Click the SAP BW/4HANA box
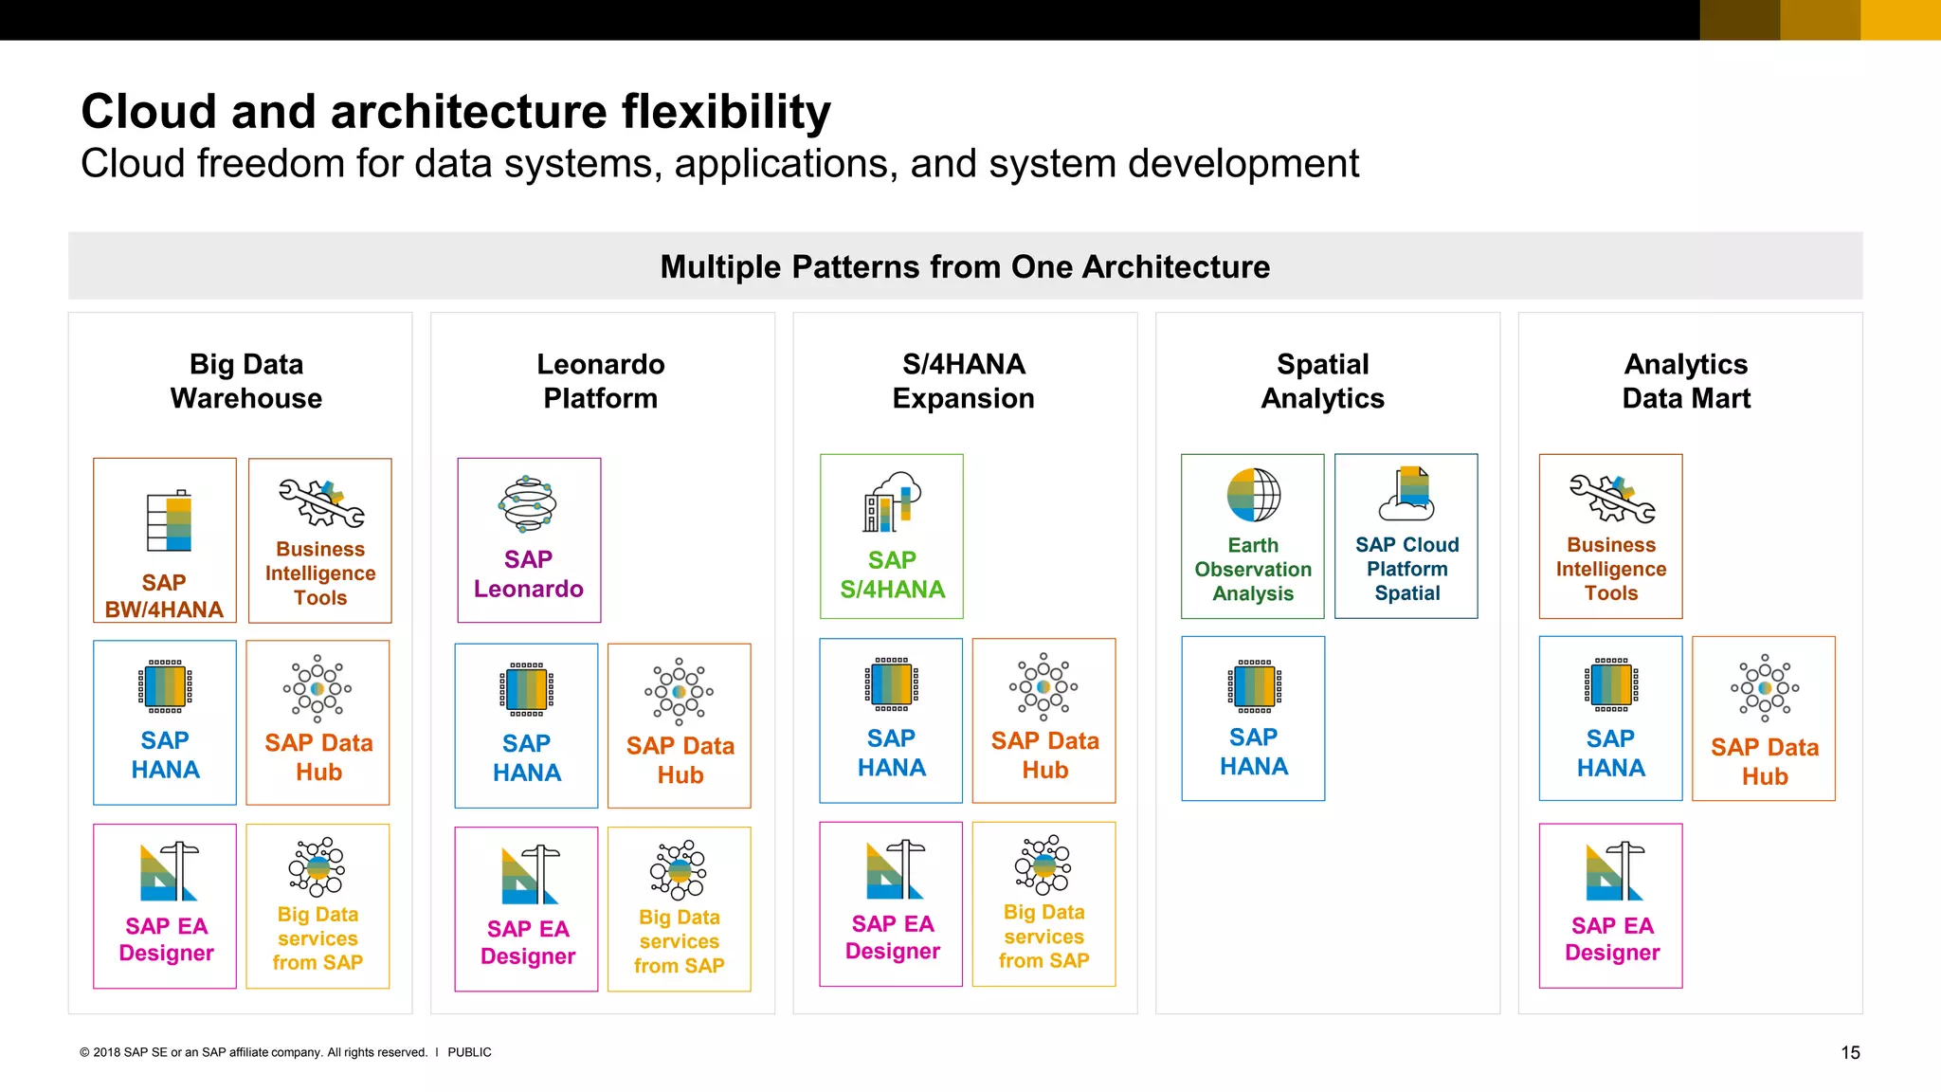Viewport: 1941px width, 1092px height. tap(165, 540)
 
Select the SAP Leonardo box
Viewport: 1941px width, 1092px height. tap(529, 540)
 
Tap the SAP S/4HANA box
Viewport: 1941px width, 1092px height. tap(892, 537)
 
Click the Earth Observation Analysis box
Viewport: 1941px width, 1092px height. tap(1252, 537)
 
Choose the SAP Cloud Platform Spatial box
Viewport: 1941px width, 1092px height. tap(1406, 537)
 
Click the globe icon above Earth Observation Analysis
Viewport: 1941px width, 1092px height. tap(1253, 495)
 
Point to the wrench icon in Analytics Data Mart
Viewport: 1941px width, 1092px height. tap(1611, 499)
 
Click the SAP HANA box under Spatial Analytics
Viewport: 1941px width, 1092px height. tap(1253, 719)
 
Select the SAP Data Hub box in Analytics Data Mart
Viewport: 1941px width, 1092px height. tap(1763, 719)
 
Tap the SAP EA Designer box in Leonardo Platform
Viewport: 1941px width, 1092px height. tap(527, 909)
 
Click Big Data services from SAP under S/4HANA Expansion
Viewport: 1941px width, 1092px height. tap(1043, 904)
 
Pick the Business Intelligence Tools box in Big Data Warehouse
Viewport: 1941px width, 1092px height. tap(320, 540)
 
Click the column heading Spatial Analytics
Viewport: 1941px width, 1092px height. tap(1322, 381)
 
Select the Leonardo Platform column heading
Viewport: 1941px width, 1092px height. tap(601, 381)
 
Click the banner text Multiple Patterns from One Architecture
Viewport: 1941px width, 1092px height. tap(965, 267)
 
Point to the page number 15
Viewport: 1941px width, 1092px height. tap(1850, 1052)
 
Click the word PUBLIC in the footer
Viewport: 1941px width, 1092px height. tap(469, 1052)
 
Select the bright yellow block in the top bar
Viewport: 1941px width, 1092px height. tap(1900, 20)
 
